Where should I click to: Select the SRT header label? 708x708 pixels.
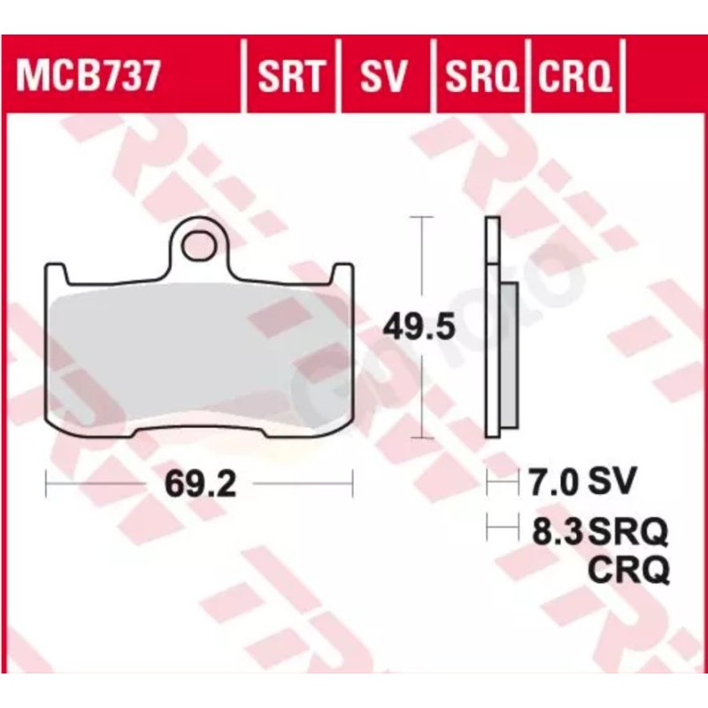click(x=291, y=76)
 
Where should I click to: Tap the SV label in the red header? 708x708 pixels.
click(x=383, y=75)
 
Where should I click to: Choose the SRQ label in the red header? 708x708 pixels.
click(x=481, y=76)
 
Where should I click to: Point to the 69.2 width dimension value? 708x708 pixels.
click(x=200, y=484)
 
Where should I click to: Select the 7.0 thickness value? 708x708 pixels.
click(x=554, y=481)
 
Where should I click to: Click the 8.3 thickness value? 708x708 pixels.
click(x=558, y=531)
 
